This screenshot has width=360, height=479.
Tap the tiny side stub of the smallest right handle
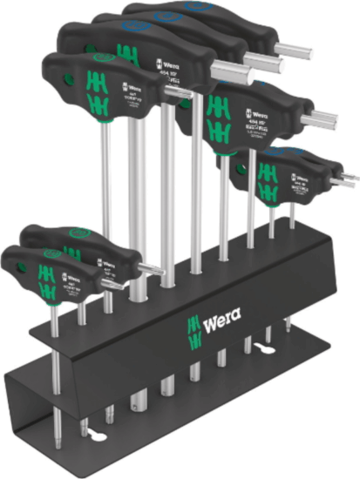pyautogui.click(x=348, y=179)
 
